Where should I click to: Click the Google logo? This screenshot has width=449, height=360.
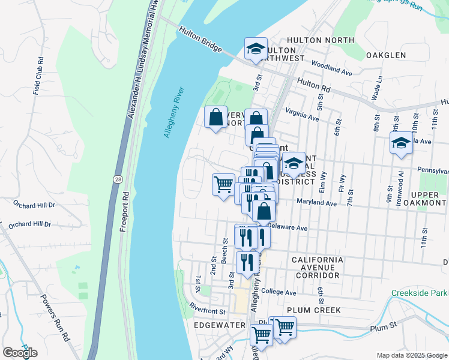20,353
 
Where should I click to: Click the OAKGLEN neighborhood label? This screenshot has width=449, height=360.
386,55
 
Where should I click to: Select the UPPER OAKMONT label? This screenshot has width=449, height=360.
429,200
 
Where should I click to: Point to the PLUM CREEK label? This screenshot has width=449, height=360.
314,310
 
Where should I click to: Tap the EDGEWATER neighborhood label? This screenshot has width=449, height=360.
220,325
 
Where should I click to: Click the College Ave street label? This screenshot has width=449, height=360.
279,293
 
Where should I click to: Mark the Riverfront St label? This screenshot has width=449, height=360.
207,311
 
